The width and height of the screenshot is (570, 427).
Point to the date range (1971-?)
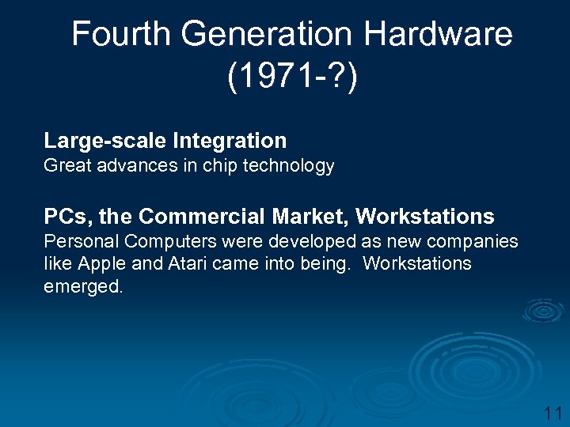tap(292, 77)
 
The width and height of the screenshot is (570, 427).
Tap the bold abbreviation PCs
tap(66, 217)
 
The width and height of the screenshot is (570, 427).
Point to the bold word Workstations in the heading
tap(425, 217)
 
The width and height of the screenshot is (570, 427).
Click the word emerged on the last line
tap(82, 286)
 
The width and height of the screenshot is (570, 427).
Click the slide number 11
tap(552, 412)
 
